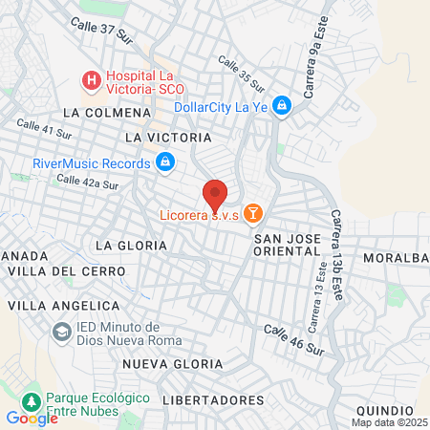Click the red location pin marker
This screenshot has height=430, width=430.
pyautogui.click(x=215, y=194)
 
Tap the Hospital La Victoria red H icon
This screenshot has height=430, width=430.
pyautogui.click(x=92, y=81)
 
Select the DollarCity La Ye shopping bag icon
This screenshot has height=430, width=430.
pyautogui.click(x=282, y=106)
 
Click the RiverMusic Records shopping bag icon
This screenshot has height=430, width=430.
pyautogui.click(x=165, y=162)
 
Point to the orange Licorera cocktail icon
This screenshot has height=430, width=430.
pyautogui.click(x=253, y=212)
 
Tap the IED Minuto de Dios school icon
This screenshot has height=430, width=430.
pyautogui.click(x=62, y=331)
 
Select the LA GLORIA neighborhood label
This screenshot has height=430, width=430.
pyautogui.click(x=131, y=246)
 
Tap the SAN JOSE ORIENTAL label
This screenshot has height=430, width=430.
pyautogui.click(x=287, y=244)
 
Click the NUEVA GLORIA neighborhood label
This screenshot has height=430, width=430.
pyautogui.click(x=172, y=365)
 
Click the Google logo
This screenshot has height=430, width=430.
pyautogui.click(x=32, y=418)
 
